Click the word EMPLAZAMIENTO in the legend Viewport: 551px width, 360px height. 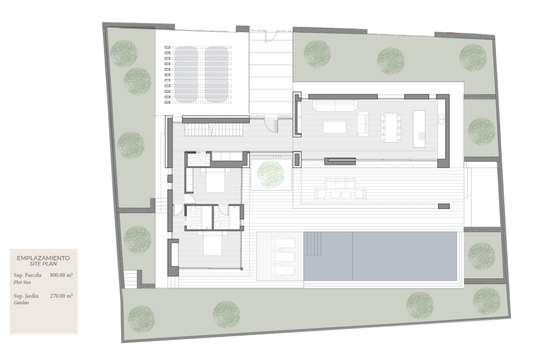(43, 258)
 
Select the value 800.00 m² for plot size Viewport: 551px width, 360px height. (61, 275)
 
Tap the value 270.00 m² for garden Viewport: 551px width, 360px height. (61, 296)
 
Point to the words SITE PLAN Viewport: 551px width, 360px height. (43, 264)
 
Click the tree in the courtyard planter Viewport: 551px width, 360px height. (271, 174)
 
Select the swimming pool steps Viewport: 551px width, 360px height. (312, 243)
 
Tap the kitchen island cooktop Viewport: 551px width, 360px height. (421, 135)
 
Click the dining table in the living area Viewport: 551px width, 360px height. (391, 128)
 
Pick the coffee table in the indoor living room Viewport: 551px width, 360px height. (334, 128)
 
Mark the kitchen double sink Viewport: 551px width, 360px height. (441, 119)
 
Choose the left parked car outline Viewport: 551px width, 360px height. (186, 74)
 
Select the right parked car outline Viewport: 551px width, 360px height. (216, 74)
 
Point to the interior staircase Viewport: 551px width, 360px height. (214, 129)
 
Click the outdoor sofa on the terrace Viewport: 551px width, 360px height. (340, 183)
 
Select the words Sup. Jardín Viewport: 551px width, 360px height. (26, 296)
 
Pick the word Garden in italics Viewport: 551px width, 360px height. (21, 303)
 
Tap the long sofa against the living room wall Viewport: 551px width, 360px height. (335, 106)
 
